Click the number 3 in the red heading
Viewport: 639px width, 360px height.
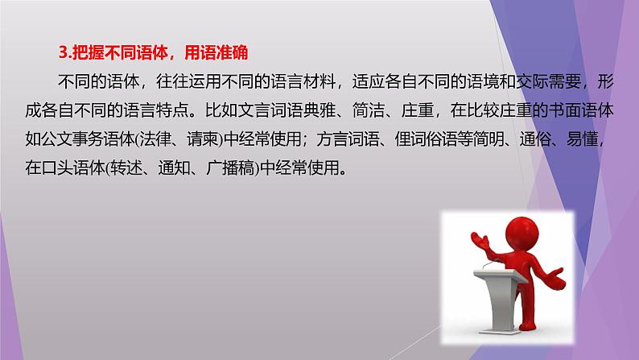tap(64, 54)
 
